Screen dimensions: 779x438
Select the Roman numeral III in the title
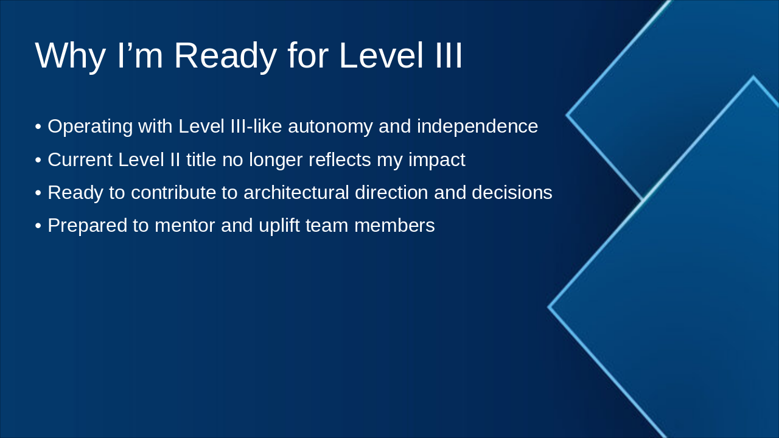tap(449, 55)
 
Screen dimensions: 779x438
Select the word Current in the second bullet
tap(80, 160)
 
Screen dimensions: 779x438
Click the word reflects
tap(340, 160)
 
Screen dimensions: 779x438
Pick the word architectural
tap(296, 193)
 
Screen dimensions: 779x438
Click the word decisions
tap(512, 193)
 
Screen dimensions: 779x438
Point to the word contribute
tap(173, 193)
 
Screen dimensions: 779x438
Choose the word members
tap(394, 226)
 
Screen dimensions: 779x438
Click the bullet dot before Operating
tap(38, 127)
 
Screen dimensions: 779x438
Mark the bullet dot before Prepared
tap(38, 226)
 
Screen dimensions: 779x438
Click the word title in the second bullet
tap(201, 160)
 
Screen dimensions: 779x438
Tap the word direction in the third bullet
tap(391, 193)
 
